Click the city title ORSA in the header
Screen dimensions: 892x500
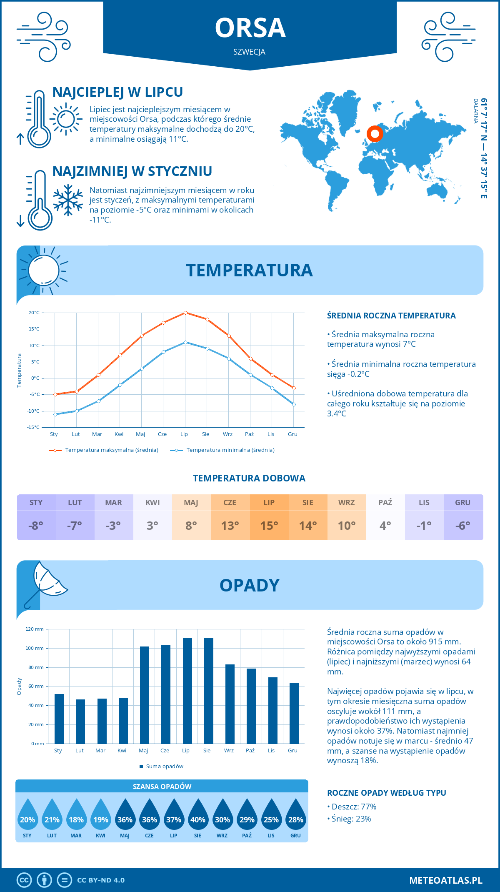250,28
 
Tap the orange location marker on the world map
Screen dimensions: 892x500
375,134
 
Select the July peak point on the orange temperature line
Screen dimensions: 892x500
185,313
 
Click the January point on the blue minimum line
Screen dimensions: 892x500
55,414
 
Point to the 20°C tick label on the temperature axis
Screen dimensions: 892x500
34,313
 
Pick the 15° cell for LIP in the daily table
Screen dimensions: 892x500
269,526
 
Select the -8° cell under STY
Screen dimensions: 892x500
36,526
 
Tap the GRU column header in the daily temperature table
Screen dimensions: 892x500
462,503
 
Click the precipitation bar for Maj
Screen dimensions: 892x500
145,695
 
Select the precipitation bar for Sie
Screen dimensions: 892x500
209,691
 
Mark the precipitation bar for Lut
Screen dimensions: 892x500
80,722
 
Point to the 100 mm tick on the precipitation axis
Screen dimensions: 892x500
35,648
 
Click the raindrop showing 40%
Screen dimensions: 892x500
198,817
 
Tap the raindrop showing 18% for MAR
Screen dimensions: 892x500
76,817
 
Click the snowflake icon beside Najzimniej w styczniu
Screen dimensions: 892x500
68,200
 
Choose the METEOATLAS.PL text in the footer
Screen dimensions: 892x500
445,880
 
